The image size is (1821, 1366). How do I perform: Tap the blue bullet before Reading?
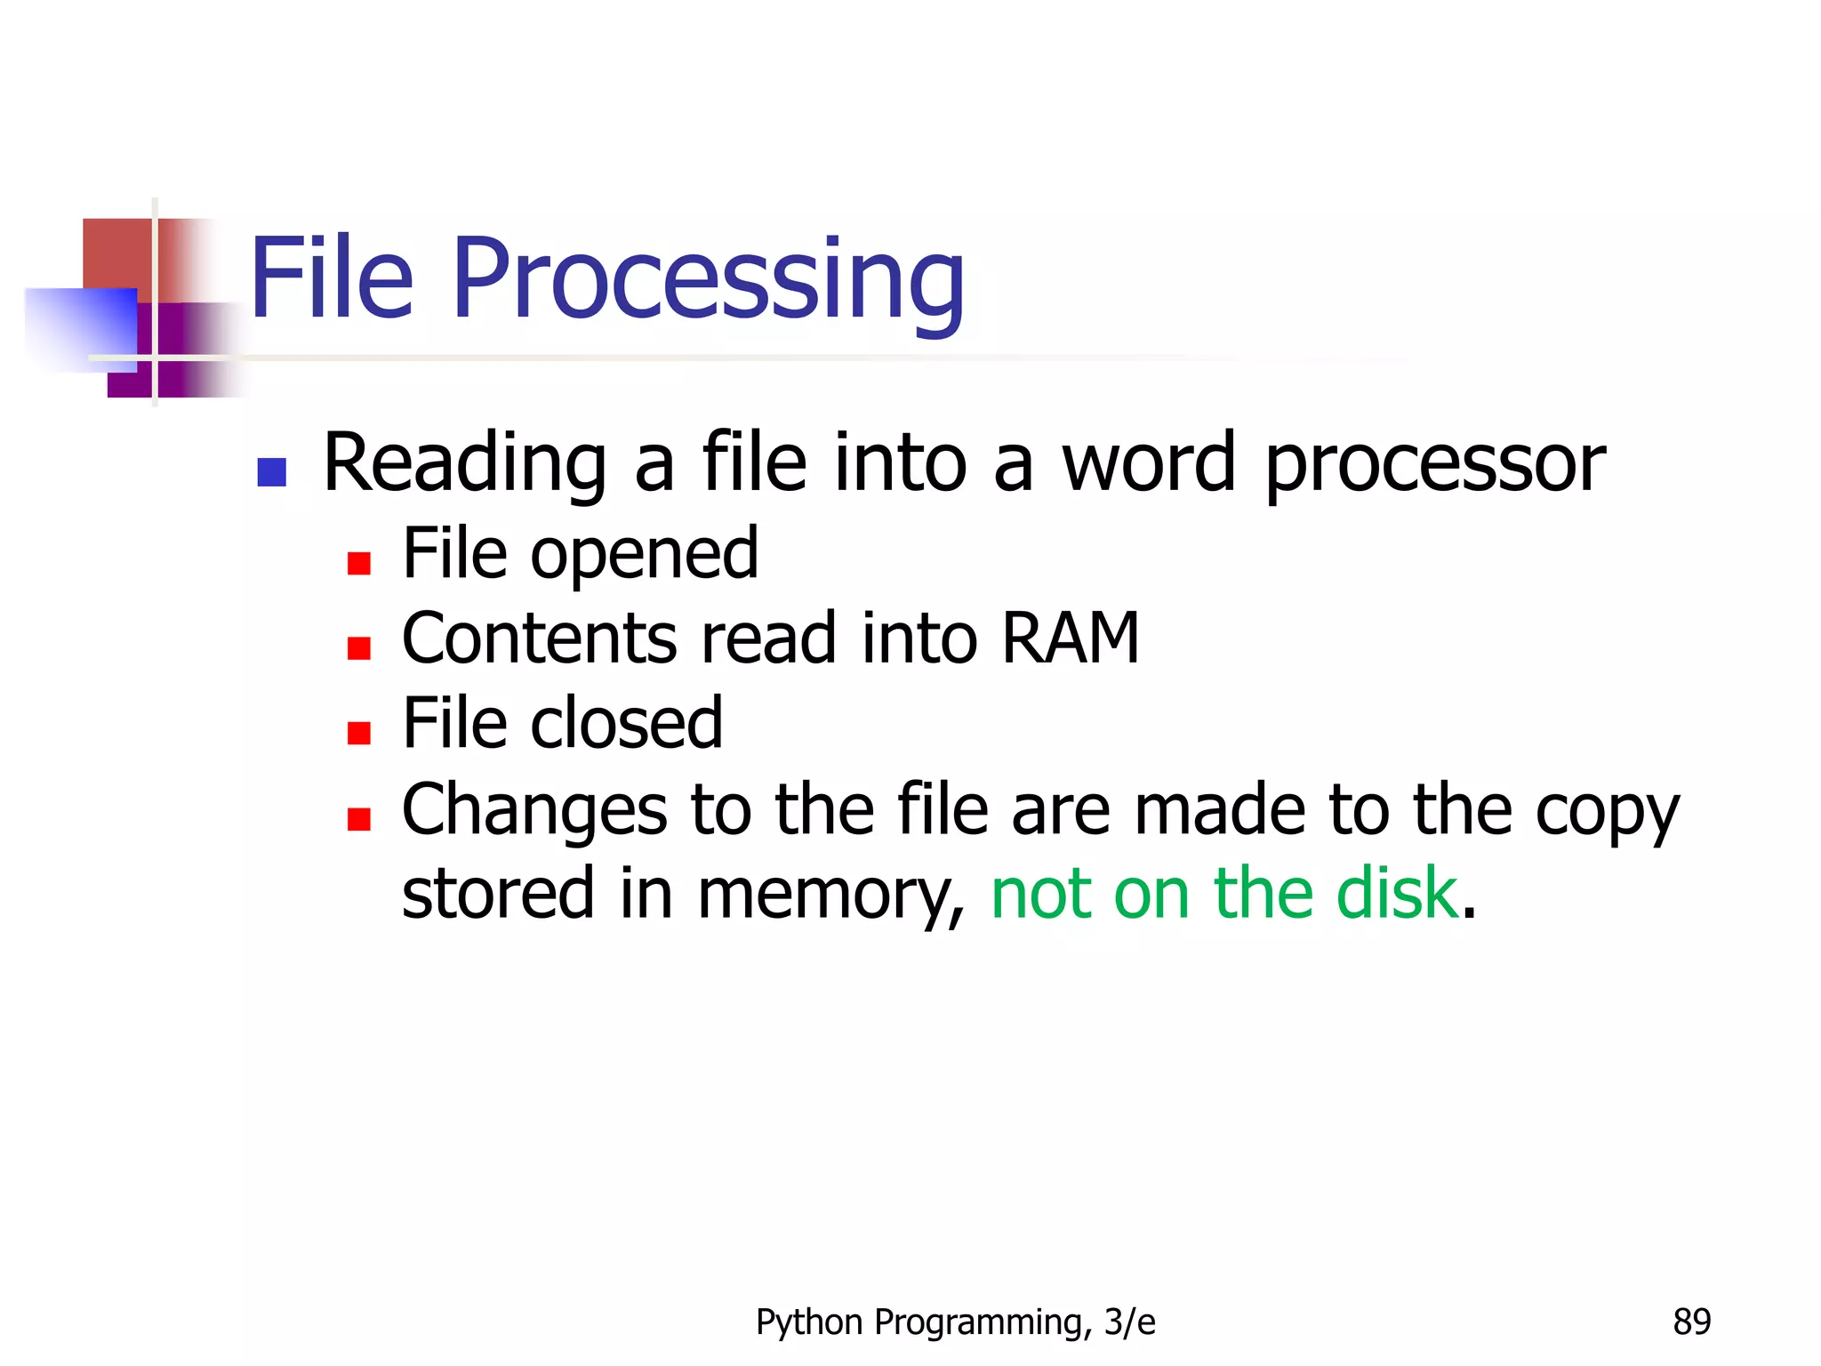click(271, 472)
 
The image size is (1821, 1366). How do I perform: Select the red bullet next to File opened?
click(358, 564)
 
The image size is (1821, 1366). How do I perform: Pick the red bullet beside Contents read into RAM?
click(358, 648)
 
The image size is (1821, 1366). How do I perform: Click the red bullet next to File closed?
click(358, 733)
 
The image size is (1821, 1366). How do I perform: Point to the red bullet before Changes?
click(358, 818)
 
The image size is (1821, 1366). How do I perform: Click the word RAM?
click(1070, 638)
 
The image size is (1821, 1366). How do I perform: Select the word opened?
click(645, 555)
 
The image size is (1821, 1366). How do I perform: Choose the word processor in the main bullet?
click(1434, 464)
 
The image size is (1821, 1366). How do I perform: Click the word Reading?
click(465, 464)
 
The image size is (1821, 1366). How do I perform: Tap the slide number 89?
click(1691, 1322)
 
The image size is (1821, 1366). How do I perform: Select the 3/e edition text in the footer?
click(1129, 1322)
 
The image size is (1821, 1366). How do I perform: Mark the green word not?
click(1041, 893)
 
